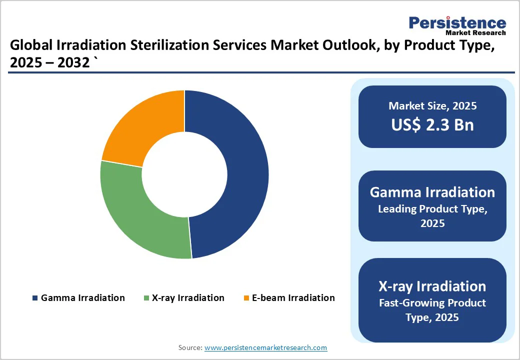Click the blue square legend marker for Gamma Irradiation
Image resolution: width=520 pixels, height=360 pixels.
pos(34,298)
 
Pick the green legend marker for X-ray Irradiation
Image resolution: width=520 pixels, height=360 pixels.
pos(146,298)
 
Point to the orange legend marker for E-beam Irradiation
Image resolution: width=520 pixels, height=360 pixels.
pos(246,298)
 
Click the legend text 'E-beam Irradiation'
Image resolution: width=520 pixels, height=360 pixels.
pos(293,298)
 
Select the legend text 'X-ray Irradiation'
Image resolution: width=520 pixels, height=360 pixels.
pos(188,298)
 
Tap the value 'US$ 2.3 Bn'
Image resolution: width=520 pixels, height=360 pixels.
pos(432,124)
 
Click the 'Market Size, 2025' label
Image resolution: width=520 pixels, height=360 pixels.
pos(432,106)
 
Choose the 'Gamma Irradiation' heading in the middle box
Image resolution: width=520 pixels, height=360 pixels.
pos(432,192)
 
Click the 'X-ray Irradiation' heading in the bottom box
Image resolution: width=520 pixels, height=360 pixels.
pos(432,286)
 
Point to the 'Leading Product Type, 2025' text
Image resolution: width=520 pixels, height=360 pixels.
pos(432,216)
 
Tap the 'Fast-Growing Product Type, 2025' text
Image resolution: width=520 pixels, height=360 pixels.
pos(432,310)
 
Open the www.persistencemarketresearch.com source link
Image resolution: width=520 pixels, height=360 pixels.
pos(265,347)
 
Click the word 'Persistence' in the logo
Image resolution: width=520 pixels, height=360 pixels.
pos(457,22)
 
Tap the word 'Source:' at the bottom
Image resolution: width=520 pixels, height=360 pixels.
pos(190,347)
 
